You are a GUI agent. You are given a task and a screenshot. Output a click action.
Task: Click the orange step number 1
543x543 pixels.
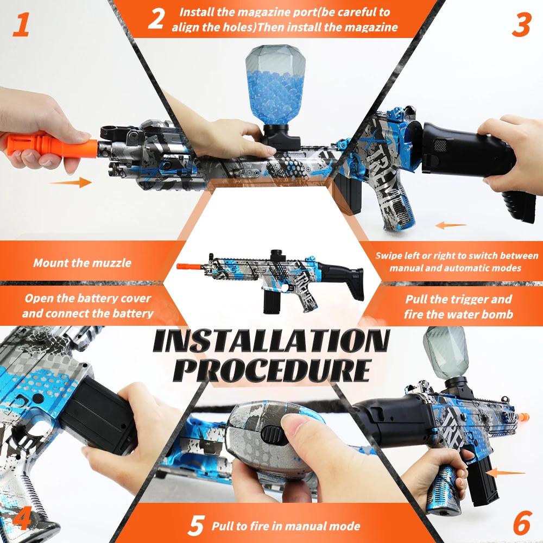(x=21, y=26)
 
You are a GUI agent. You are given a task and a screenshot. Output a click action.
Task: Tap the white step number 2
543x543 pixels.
(x=156, y=19)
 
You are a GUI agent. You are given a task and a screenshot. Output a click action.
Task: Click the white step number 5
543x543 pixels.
(x=196, y=526)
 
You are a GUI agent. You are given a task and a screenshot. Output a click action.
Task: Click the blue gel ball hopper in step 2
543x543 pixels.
(x=271, y=87)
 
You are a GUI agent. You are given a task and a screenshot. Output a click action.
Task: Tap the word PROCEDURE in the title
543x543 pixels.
(x=274, y=370)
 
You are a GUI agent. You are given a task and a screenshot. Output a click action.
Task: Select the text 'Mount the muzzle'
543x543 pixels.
(x=82, y=263)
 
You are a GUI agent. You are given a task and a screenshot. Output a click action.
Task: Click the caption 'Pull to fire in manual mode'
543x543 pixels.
(x=286, y=526)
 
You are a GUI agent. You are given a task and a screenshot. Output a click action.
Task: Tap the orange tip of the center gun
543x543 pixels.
(x=188, y=266)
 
